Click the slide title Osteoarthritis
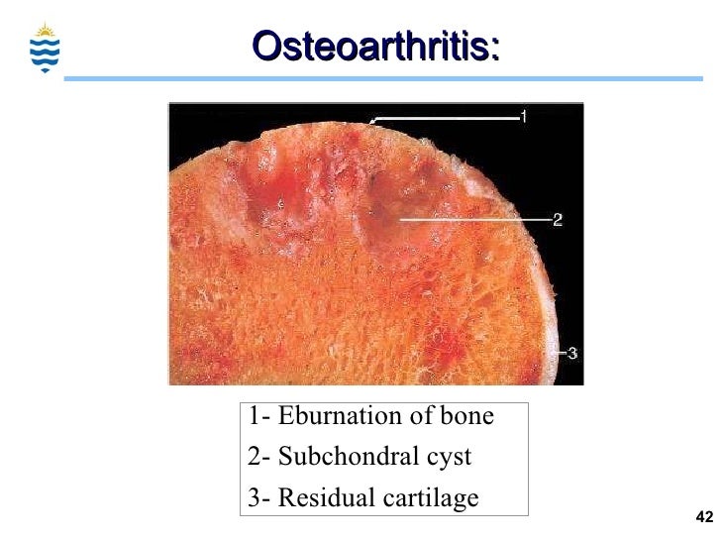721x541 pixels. (375, 45)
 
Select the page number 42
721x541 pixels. (704, 517)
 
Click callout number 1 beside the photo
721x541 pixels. (523, 116)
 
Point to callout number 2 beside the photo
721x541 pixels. (558, 220)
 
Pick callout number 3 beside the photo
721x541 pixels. (572, 353)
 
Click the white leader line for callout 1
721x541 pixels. (446, 118)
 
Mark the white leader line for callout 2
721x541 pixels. (475, 218)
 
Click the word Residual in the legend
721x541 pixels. (318, 497)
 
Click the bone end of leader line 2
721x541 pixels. (401, 218)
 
